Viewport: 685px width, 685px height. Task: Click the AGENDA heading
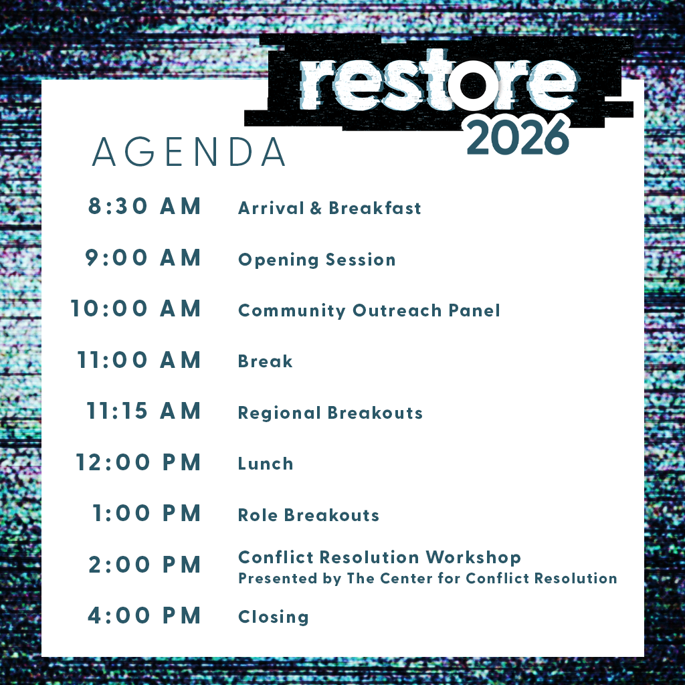[189, 152]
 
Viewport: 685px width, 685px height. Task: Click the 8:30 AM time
[144, 206]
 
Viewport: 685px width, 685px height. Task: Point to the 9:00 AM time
[143, 258]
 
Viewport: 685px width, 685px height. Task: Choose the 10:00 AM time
[135, 308]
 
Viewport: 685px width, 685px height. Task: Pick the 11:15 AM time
[144, 411]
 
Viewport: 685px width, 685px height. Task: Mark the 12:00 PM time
[138, 462]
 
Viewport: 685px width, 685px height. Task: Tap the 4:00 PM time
[144, 615]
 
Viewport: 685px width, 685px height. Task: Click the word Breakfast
[375, 208]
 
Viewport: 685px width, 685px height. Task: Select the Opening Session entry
[316, 260]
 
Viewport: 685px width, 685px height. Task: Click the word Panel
[474, 310]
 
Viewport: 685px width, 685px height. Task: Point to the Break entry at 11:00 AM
[265, 361]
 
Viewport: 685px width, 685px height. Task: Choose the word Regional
[280, 413]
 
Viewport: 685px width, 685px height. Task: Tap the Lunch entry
[266, 464]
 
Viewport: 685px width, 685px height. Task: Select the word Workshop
[473, 557]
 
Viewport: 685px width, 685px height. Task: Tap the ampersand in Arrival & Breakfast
[316, 209]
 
